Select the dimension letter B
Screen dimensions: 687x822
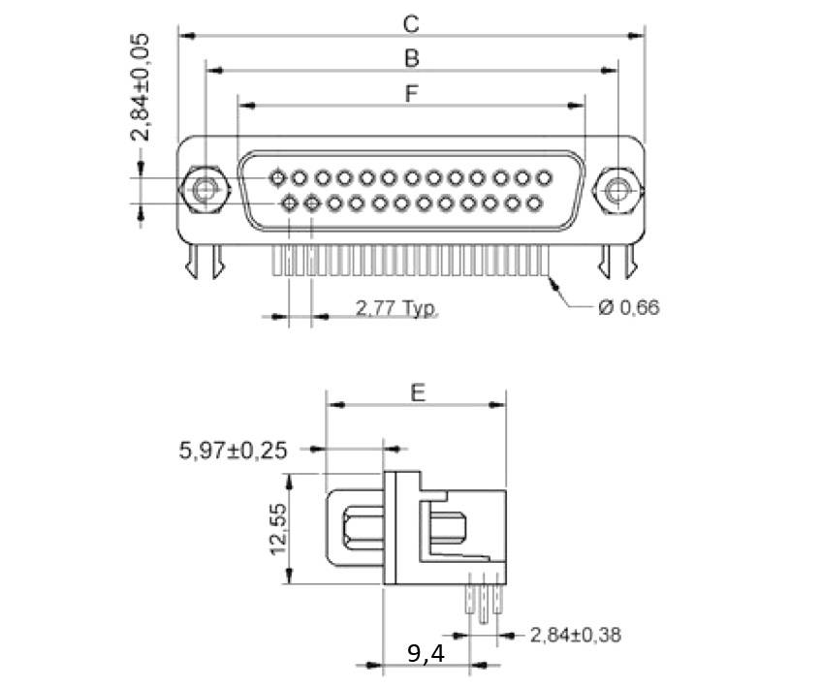[x=411, y=58]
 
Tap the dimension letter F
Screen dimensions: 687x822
[x=411, y=94]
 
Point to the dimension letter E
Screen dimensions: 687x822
[x=417, y=391]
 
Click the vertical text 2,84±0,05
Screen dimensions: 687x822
[x=142, y=87]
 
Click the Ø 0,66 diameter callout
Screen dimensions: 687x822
[x=629, y=308]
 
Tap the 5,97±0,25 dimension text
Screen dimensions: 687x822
[x=234, y=450]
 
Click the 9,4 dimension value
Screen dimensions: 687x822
[x=426, y=654]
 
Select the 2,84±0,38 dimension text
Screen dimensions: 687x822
[x=575, y=636]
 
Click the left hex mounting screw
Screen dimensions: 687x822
[x=205, y=189]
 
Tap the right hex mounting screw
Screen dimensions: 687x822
[x=616, y=189]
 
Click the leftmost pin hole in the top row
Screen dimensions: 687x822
[x=278, y=178]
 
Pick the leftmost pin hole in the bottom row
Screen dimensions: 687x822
[x=289, y=203]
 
